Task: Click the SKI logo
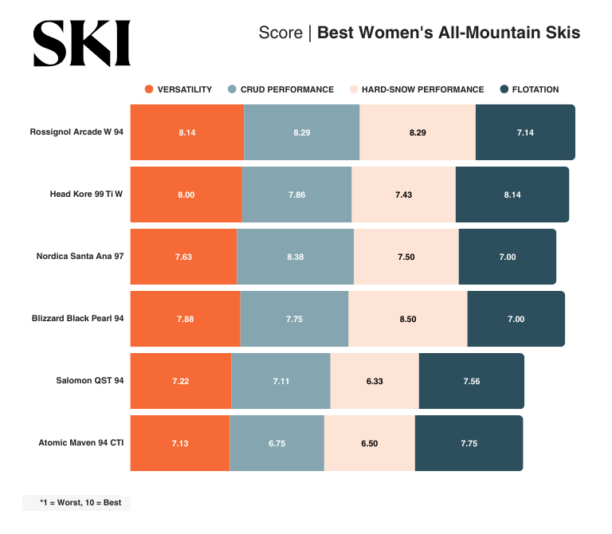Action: click(81, 43)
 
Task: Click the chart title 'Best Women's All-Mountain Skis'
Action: click(449, 33)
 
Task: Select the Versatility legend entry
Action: click(178, 89)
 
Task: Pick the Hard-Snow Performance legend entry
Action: click(416, 89)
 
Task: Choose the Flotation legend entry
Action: click(529, 89)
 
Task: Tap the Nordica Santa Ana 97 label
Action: click(80, 256)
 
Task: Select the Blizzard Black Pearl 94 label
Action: click(77, 319)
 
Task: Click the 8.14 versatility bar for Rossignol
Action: click(186, 132)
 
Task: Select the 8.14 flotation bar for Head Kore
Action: click(512, 194)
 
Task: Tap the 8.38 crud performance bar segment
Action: click(295, 257)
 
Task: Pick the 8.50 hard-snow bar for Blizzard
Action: click(408, 319)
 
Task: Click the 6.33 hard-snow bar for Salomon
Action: click(375, 381)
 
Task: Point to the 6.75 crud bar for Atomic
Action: click(277, 443)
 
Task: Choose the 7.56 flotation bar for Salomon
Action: click(471, 381)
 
